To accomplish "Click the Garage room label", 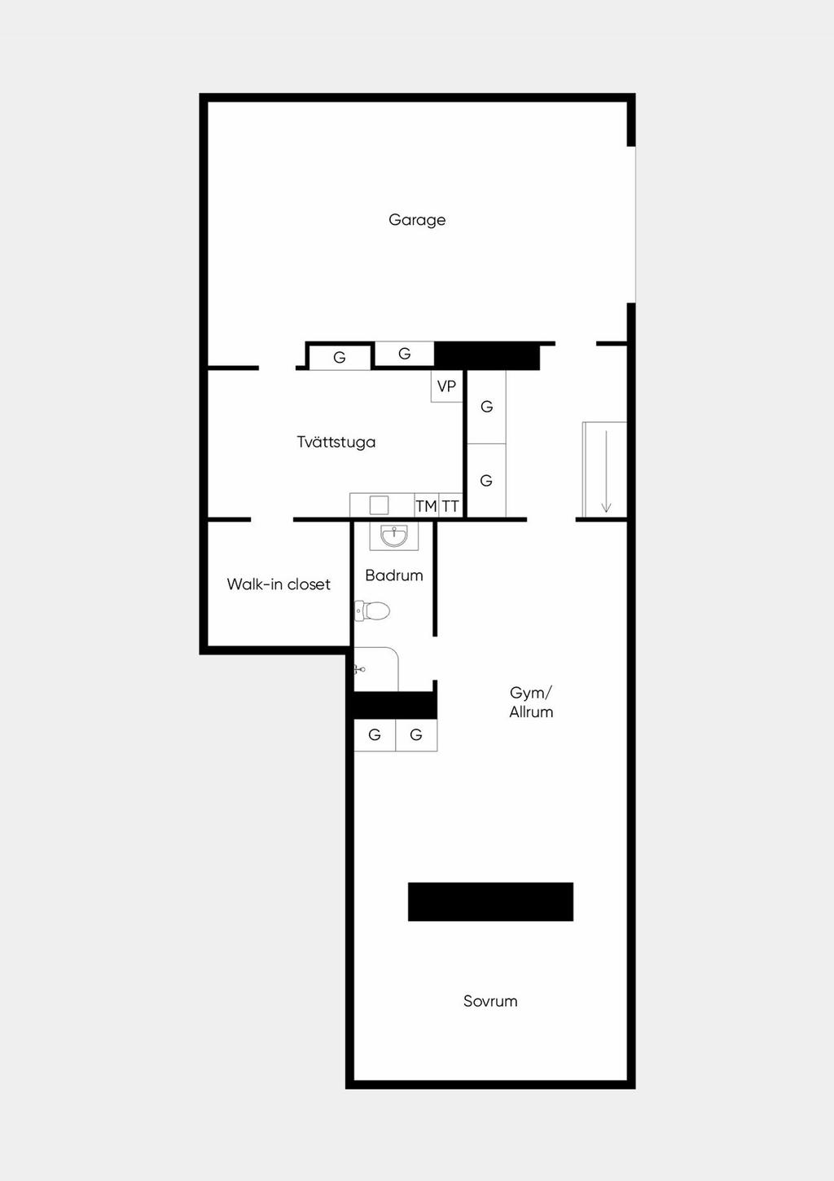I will click(417, 220).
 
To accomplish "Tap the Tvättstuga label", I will click(336, 443).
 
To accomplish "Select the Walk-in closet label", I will click(279, 584).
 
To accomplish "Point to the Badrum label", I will click(394, 575).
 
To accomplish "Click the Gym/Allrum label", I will click(531, 702).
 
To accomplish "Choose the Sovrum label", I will click(490, 1001).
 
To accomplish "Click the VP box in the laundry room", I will click(446, 386).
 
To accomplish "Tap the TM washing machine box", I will click(426, 506).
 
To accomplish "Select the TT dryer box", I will click(450, 506).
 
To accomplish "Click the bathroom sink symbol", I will click(394, 536).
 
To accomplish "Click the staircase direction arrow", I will click(606, 471).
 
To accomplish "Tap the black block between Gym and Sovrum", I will click(490, 901).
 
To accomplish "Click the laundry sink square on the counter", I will click(379, 505).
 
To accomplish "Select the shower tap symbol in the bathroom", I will click(359, 670).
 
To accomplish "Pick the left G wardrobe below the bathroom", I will click(375, 735).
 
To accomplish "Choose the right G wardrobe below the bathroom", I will click(416, 735).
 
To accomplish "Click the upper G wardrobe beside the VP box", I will click(486, 407).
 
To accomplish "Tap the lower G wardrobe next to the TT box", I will click(486, 481).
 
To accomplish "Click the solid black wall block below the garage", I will click(487, 356).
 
